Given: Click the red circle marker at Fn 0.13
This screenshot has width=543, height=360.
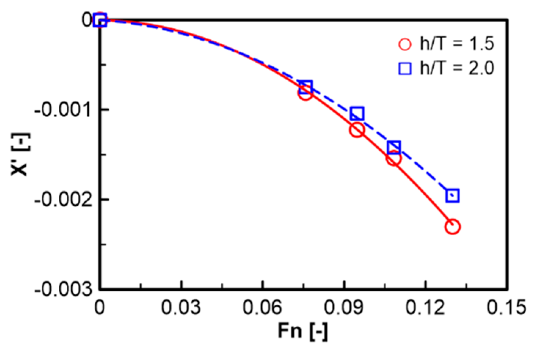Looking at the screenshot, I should tap(452, 227).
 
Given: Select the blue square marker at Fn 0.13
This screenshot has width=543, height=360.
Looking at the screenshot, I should tap(453, 195).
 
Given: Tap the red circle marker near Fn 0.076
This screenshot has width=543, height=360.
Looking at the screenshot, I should tap(305, 94).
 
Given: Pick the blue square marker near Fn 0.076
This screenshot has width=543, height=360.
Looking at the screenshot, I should tap(306, 87).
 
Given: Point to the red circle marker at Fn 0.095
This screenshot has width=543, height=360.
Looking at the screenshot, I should tap(357, 130).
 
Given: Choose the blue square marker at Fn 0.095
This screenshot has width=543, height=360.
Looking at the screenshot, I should tap(357, 114).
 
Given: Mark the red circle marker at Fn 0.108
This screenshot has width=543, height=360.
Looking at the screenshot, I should tap(393, 158).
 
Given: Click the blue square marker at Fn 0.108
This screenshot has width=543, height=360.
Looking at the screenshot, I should tap(394, 147).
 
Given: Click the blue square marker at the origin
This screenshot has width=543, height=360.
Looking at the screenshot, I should tap(100, 20).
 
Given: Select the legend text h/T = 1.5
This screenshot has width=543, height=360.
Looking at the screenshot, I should tap(457, 44).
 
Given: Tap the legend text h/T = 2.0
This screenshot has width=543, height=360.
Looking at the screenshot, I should tap(457, 68).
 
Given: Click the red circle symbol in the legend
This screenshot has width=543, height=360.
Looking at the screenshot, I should tap(405, 44).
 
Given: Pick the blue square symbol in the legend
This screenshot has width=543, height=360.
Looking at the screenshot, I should tap(405, 69).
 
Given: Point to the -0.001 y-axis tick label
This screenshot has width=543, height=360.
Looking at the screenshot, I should tap(63, 110).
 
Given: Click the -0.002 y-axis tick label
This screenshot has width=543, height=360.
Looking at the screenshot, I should tap(63, 200).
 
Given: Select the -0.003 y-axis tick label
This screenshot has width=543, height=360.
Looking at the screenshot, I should tap(63, 290).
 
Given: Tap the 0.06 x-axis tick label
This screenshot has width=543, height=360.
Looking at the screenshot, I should tap(262, 307).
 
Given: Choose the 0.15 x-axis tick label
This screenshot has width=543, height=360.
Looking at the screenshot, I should tap(507, 307).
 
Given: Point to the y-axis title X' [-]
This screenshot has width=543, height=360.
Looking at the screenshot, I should tap(20, 154).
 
